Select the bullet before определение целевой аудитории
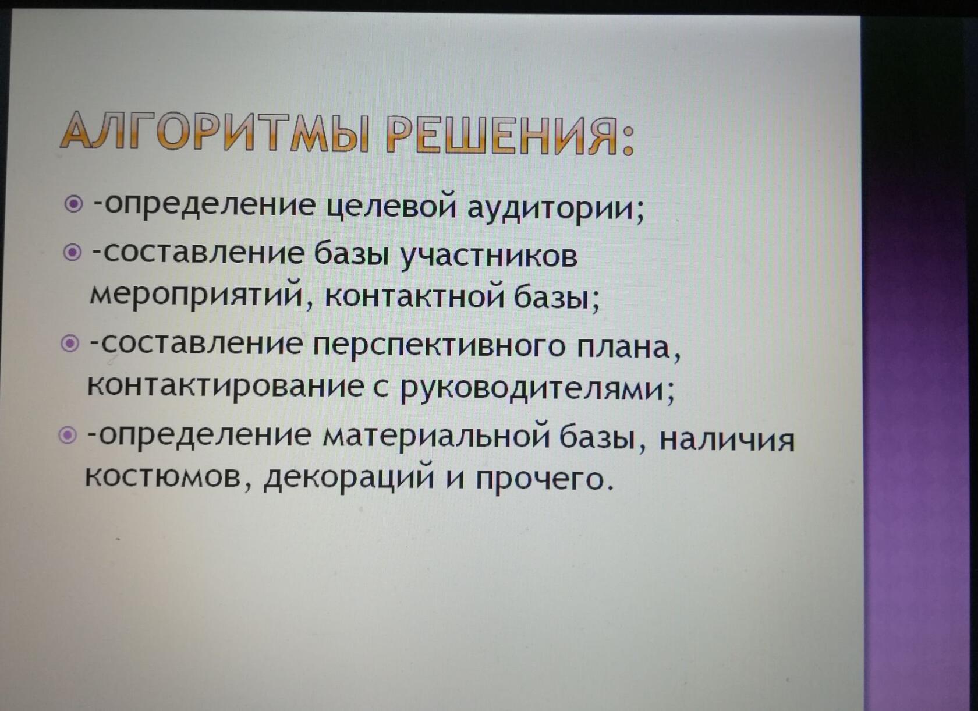tap(73, 204)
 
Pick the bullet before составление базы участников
tap(72, 252)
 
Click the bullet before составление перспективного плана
tap(70, 344)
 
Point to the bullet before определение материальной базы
tap(68, 435)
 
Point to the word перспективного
tap(439, 346)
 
